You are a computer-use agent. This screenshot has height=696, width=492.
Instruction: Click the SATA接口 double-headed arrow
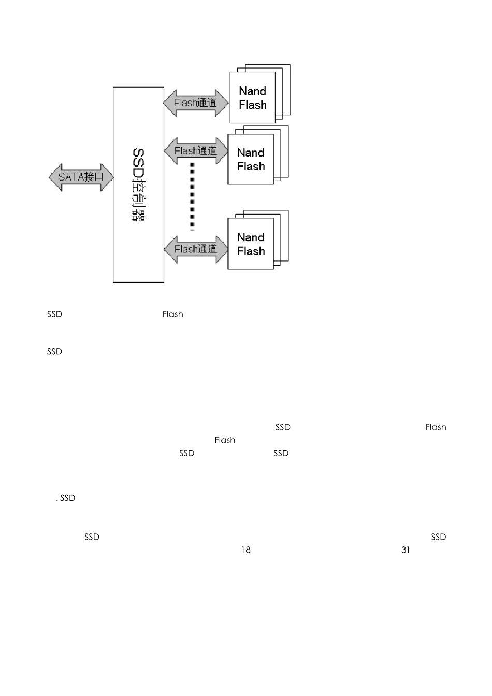tap(81, 177)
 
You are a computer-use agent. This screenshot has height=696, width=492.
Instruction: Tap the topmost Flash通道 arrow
tap(196, 103)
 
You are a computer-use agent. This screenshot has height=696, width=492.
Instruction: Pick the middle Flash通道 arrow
tap(196, 151)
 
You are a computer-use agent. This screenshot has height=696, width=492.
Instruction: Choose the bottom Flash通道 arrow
tap(196, 249)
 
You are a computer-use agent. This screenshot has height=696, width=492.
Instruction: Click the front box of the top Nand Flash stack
tap(252, 98)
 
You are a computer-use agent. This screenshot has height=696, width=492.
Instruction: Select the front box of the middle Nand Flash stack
tap(251, 160)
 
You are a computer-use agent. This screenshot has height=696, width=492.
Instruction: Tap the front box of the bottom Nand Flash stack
tap(251, 244)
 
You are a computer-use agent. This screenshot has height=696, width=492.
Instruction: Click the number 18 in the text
tap(245, 550)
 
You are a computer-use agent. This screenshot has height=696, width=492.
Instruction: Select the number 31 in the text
tap(406, 550)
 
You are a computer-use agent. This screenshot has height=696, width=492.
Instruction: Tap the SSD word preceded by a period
tap(67, 498)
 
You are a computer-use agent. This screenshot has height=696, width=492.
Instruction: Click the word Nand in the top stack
tap(252, 91)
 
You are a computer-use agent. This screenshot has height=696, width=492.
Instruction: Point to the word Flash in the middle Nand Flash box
tap(251, 167)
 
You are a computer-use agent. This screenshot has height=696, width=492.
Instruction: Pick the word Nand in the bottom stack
tap(251, 237)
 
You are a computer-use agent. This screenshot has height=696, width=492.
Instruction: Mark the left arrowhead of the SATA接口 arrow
tap(54, 177)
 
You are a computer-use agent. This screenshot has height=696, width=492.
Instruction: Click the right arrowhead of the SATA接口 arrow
tap(108, 177)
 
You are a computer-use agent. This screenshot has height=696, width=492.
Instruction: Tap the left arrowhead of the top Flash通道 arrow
tap(169, 103)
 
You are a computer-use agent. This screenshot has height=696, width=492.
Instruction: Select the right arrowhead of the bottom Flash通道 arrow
tap(223, 249)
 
